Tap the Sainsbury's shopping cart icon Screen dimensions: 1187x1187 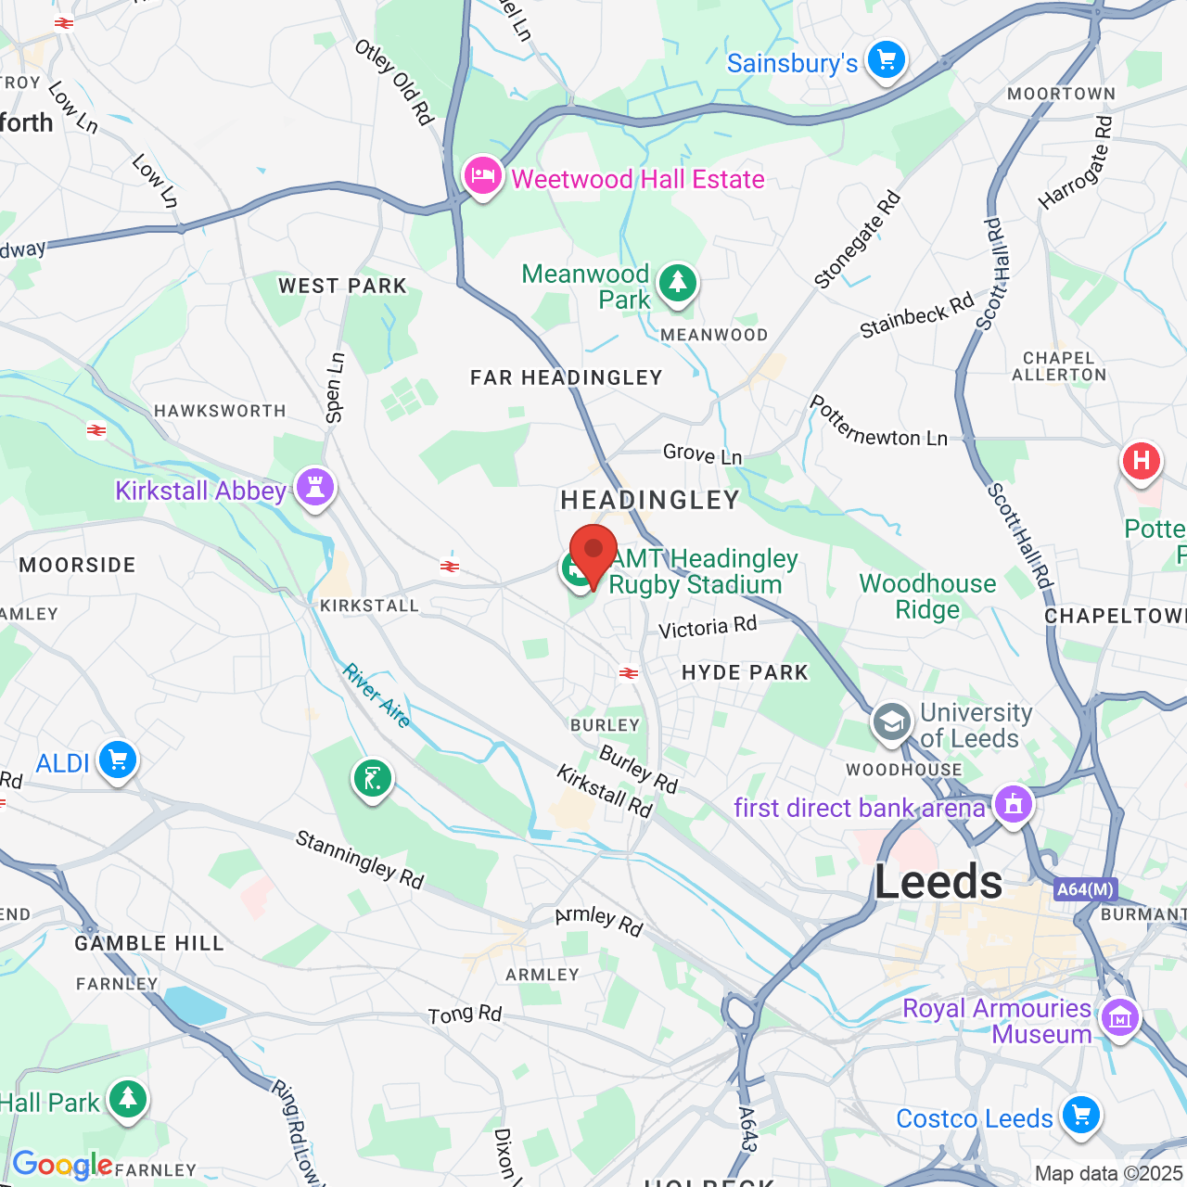pyautogui.click(x=886, y=61)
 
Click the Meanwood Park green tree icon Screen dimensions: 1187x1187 pyautogui.click(x=678, y=283)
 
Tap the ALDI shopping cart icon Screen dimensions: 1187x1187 pyautogui.click(x=117, y=761)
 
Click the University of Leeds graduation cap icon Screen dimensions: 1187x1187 pyautogui.click(x=892, y=723)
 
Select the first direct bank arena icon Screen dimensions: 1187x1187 pyautogui.click(x=1013, y=805)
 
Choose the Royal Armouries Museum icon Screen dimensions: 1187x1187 pyautogui.click(x=1119, y=1018)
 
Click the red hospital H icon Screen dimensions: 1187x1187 pyautogui.click(x=1142, y=461)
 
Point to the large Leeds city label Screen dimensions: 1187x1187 pyautogui.click(x=938, y=881)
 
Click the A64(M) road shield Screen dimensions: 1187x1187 pyautogui.click(x=1086, y=889)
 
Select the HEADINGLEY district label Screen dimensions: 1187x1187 pyautogui.click(x=650, y=501)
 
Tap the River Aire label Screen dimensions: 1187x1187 pyautogui.click(x=377, y=696)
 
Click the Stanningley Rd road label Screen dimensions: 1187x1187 pyautogui.click(x=360, y=860)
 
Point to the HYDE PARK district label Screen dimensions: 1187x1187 pyautogui.click(x=745, y=672)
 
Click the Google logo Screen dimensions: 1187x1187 pyautogui.click(x=62, y=1165)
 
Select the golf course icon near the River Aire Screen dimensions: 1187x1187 pyautogui.click(x=372, y=780)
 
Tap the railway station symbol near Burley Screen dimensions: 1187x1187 pyautogui.click(x=629, y=673)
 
